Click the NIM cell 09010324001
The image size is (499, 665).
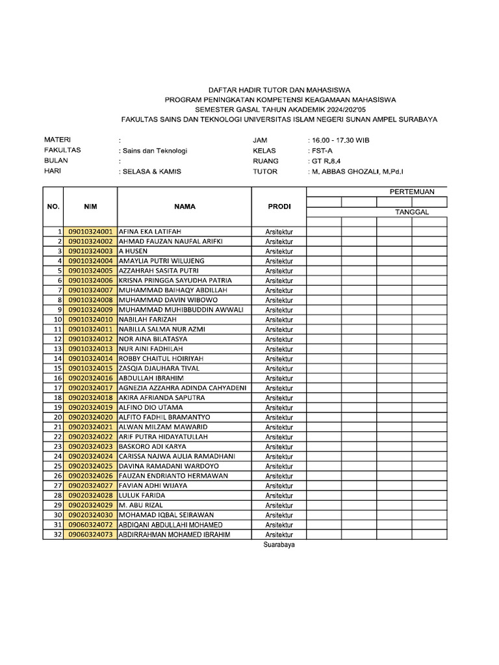point(90,231)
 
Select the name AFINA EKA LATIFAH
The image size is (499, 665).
point(150,231)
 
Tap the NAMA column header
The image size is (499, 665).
point(185,207)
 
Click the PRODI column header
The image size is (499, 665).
point(279,207)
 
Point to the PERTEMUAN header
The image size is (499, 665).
point(416,192)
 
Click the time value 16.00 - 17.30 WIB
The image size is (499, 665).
point(340,140)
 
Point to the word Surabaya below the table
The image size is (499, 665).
point(279,546)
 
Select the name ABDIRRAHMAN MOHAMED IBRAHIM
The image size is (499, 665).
point(174,534)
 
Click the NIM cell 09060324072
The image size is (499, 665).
point(90,525)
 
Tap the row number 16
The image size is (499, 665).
point(57,378)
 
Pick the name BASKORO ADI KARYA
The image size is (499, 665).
point(151,446)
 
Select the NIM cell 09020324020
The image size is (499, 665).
point(90,417)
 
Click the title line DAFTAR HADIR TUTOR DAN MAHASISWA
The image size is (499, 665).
point(279,90)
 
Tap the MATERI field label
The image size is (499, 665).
point(57,140)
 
